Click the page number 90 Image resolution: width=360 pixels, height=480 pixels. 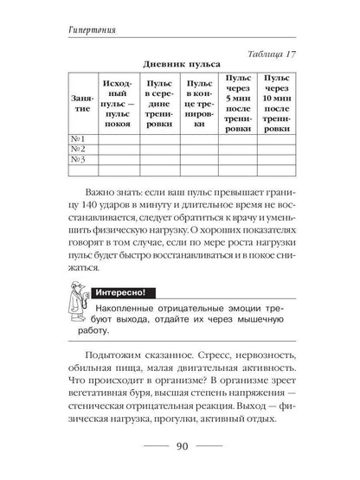click(x=179, y=447)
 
